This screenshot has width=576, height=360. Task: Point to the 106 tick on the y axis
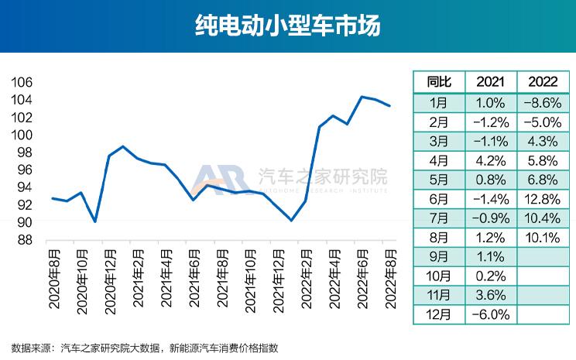point(22,82)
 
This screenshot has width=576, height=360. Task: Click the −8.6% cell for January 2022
point(542,102)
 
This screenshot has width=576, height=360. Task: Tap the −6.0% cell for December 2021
point(491,315)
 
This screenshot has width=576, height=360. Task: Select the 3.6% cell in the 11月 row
point(491,296)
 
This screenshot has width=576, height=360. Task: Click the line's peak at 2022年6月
point(362,97)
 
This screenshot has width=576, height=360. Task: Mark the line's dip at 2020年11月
point(95,221)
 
